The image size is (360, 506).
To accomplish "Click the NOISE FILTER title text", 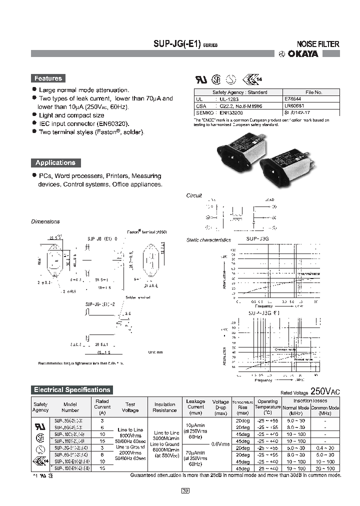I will [318, 44].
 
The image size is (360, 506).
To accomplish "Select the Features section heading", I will [48, 78].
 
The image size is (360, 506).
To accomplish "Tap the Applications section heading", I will [55, 163].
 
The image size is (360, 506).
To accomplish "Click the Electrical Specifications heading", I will [71, 390].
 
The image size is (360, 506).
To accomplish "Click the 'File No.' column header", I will [313, 92].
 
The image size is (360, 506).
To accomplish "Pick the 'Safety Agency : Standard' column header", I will [239, 92].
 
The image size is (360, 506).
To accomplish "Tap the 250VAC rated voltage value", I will [325, 391].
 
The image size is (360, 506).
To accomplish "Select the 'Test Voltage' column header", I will [130, 407].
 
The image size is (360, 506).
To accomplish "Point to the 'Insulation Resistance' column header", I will [164, 407].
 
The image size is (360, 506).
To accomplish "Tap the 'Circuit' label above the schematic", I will [194, 195].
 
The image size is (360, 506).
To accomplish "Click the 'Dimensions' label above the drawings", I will [45, 221].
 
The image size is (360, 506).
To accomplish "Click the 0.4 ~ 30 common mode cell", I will [325, 447].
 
